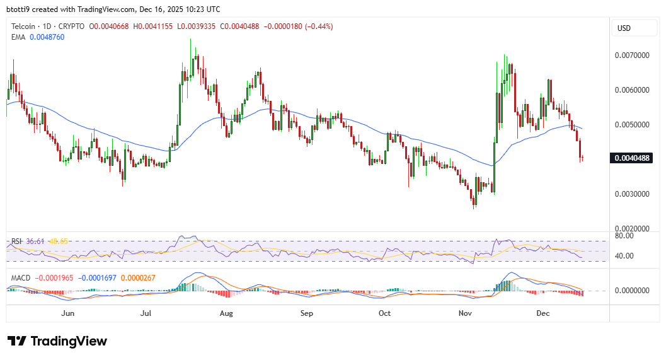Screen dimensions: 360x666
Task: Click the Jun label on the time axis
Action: click(68, 313)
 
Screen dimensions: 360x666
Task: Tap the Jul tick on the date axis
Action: click(147, 313)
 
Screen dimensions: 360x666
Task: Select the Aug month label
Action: click(226, 313)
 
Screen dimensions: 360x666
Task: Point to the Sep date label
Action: click(306, 313)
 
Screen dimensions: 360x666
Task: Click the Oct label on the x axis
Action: click(384, 313)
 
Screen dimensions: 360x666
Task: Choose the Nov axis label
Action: click(465, 313)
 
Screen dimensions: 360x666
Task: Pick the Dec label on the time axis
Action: click(543, 313)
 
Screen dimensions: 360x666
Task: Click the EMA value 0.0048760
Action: click(47, 37)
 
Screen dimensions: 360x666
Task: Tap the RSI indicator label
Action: click(16, 241)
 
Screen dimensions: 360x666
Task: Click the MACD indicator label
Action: click(20, 277)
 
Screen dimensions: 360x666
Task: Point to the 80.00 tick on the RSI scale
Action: click(624, 236)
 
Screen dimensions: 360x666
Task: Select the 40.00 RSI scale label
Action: click(624, 256)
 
